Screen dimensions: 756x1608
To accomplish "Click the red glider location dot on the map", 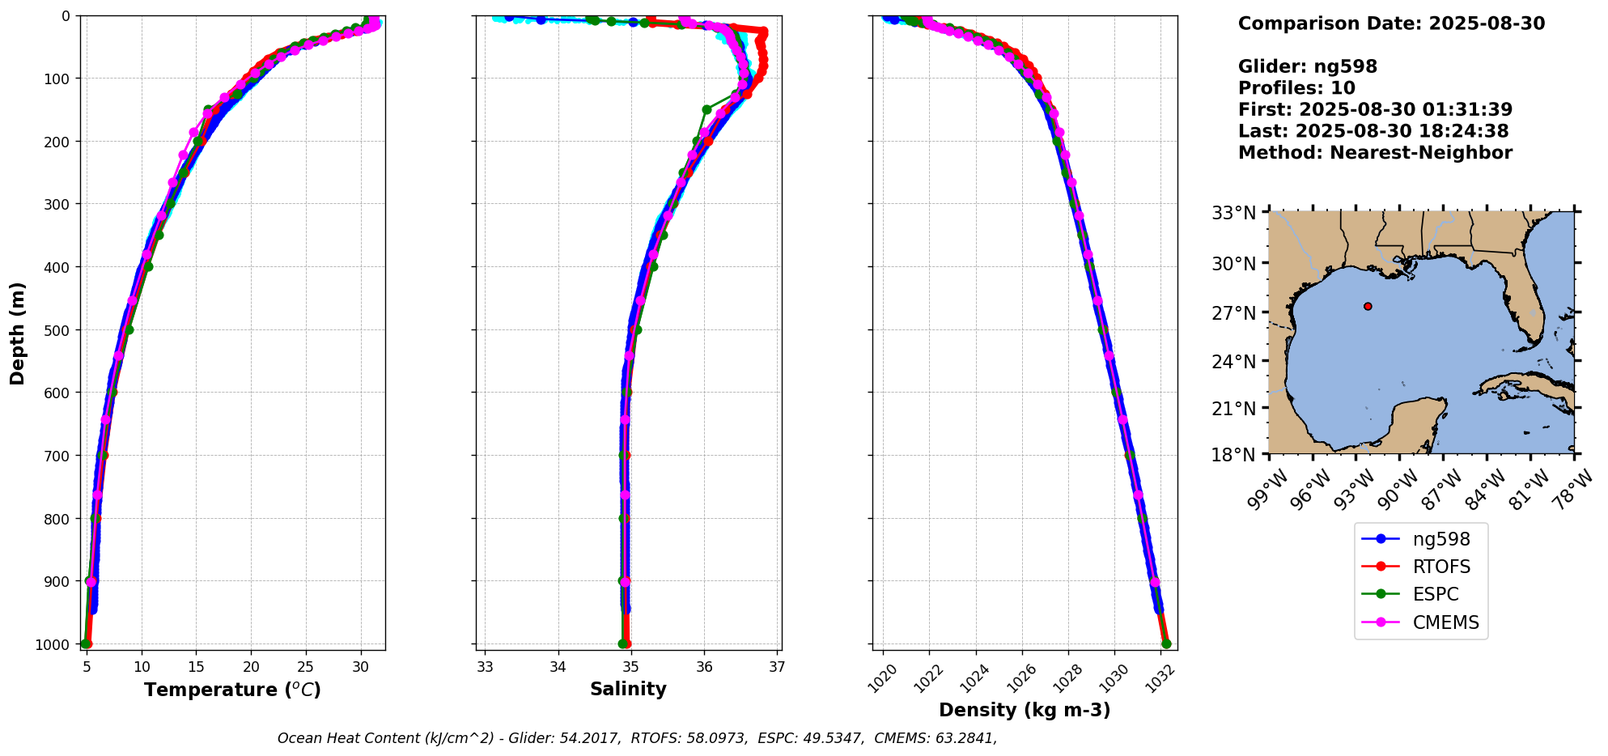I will tap(1368, 306).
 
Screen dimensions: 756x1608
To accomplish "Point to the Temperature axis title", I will tap(232, 690).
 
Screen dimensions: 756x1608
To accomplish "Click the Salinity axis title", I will tap(628, 689).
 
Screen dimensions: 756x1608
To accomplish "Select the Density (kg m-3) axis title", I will tap(1025, 710).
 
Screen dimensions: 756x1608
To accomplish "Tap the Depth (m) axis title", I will tap(18, 333).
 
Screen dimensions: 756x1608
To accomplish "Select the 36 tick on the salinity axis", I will tap(705, 667).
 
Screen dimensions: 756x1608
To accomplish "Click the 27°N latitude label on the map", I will tap(1233, 313).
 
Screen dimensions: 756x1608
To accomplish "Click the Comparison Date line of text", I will tap(1391, 23).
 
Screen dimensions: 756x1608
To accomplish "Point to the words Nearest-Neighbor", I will tap(1420, 153).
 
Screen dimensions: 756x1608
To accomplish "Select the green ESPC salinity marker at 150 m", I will tap(706, 109).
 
